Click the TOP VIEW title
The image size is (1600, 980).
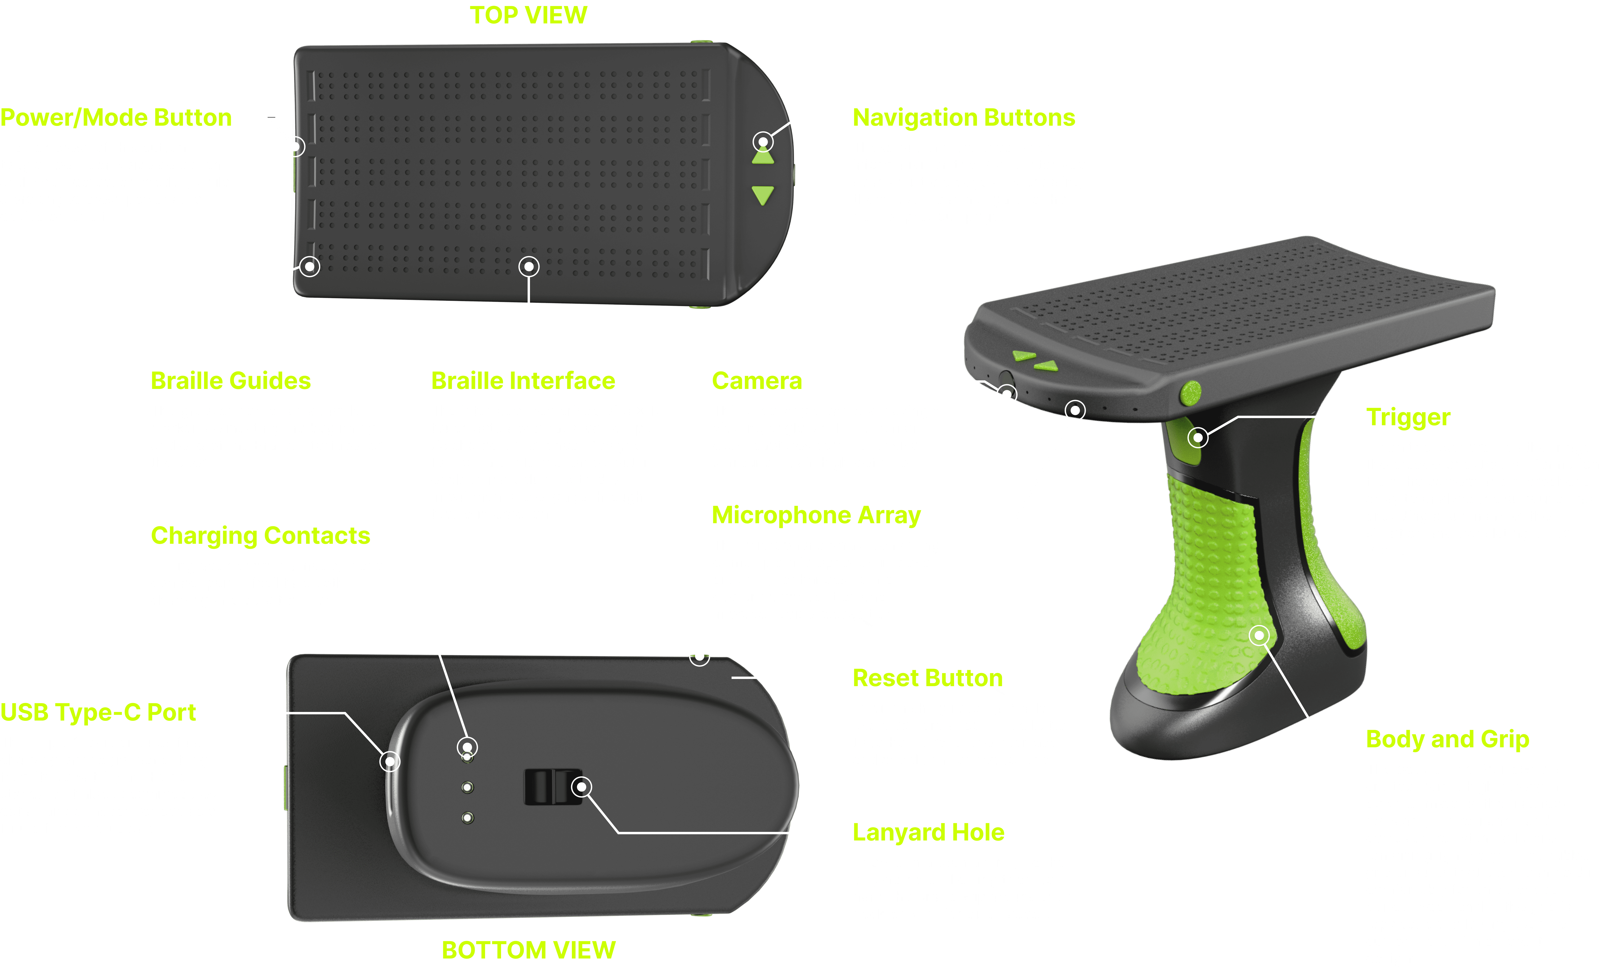(x=529, y=15)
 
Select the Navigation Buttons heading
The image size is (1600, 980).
(x=964, y=118)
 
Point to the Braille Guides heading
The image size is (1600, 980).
(x=231, y=381)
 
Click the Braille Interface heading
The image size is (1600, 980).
(x=523, y=381)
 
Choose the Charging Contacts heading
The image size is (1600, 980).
(x=260, y=535)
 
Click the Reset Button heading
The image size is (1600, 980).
(x=927, y=678)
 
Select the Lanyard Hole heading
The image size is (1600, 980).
(x=928, y=832)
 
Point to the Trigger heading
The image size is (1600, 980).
(x=1408, y=417)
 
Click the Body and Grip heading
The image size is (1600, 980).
(x=1447, y=739)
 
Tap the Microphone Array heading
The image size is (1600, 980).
(x=816, y=515)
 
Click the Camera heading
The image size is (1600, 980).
(x=757, y=381)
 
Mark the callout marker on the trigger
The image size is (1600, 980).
(x=1198, y=438)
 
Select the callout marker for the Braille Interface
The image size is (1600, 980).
(x=529, y=266)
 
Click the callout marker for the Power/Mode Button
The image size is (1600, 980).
(x=295, y=147)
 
